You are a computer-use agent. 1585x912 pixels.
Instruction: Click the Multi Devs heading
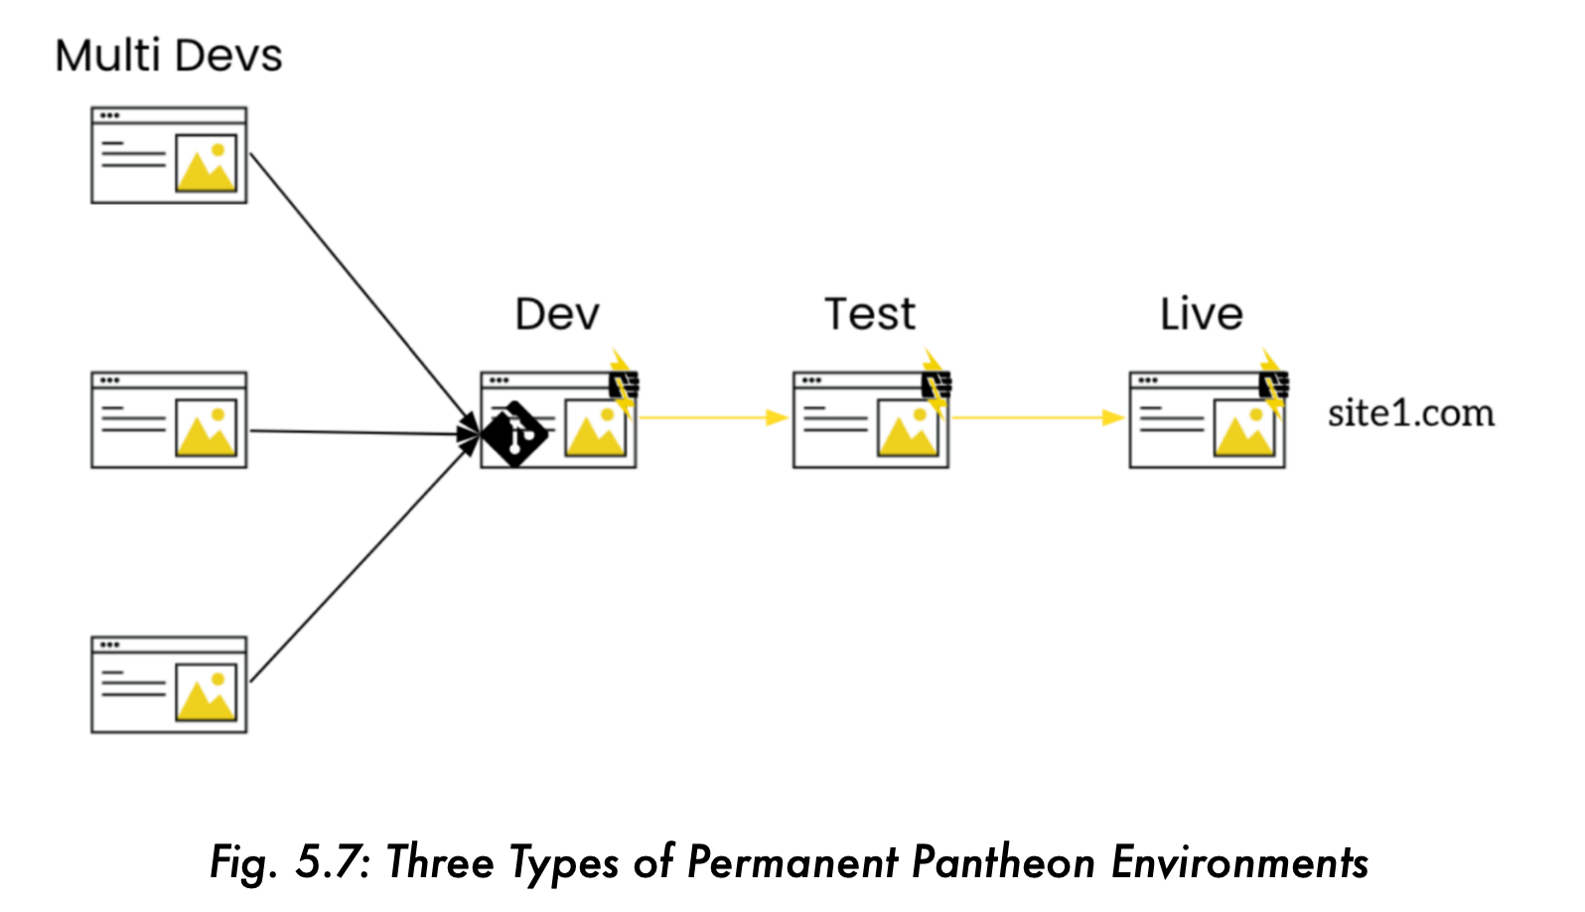(168, 56)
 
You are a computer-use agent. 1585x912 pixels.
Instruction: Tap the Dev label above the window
(557, 315)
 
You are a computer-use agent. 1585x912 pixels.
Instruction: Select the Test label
(870, 314)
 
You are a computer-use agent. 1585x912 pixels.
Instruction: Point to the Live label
(1201, 314)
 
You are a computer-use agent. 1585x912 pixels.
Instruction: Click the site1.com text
(1410, 413)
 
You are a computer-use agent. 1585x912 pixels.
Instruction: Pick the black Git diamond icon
(514, 434)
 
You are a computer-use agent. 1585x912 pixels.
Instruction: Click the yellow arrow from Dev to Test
(710, 417)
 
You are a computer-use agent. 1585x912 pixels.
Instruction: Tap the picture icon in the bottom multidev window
(207, 693)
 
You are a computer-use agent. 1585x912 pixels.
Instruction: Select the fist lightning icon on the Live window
(1272, 382)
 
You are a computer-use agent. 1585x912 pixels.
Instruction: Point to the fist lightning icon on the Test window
(936, 382)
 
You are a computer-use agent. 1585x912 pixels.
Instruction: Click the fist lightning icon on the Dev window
(623, 382)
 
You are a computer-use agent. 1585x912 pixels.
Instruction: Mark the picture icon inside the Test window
(908, 428)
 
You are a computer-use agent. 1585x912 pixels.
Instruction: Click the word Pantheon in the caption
(1003, 862)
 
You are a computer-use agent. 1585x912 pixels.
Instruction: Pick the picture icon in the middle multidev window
(207, 428)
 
